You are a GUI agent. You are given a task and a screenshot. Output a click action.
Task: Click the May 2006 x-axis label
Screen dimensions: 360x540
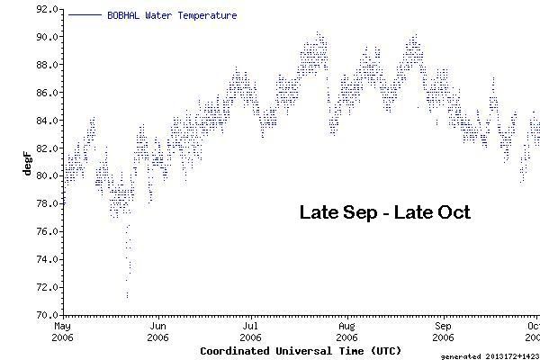[63, 331]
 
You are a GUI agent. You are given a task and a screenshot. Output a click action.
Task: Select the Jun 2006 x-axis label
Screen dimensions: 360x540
[158, 331]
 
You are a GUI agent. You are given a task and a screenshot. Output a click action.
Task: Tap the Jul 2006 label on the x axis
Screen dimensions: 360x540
[251, 331]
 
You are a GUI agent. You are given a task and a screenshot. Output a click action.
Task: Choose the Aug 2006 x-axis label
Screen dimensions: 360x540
[346, 331]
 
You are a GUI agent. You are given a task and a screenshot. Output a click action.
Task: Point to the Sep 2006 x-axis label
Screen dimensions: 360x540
[443, 331]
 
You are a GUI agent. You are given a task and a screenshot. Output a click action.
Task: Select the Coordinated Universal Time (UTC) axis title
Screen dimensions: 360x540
[301, 350]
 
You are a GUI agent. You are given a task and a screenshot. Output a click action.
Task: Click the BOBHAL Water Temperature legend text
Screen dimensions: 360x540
[172, 15]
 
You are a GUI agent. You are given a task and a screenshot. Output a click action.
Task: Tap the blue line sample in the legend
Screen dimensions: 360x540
[84, 15]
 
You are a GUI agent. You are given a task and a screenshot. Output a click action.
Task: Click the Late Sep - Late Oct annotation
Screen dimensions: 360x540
[384, 213]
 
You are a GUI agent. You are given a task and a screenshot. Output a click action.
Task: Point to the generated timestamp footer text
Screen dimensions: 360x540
[490, 355]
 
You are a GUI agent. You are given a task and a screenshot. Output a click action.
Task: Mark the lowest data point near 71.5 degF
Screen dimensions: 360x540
[127, 295]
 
